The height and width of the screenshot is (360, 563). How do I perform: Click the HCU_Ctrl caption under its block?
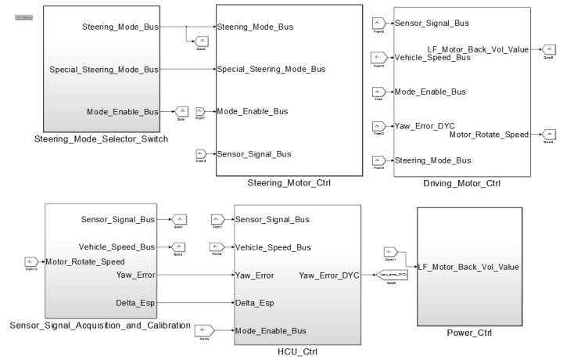(299, 352)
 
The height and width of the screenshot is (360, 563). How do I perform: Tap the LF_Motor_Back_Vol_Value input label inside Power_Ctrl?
(468, 267)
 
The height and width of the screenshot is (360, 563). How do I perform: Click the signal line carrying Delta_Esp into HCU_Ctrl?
(195, 301)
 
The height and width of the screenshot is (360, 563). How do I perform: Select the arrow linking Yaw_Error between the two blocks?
(195, 275)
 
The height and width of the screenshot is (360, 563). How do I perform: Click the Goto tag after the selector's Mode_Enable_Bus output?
(181, 112)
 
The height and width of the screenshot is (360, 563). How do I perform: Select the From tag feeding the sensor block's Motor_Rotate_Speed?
(31, 261)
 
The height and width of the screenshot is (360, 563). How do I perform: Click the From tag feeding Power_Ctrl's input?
(391, 252)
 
